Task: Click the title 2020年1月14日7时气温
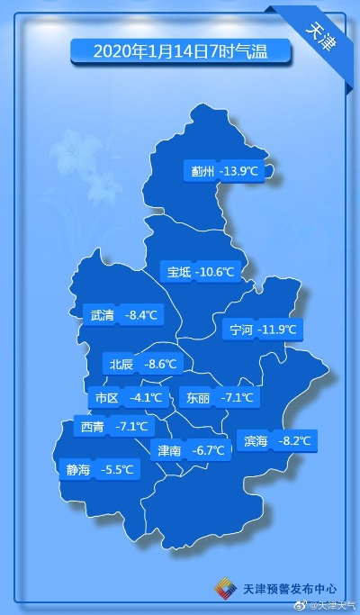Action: click(181, 50)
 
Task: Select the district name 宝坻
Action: click(178, 271)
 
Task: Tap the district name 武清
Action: click(103, 315)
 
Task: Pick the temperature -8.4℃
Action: click(140, 315)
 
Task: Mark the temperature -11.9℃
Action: click(277, 330)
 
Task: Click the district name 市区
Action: click(106, 397)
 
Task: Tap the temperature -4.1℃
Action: click(146, 397)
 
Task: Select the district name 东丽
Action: click(198, 397)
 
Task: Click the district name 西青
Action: click(93, 427)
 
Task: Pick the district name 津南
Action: click(169, 450)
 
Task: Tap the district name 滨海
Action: click(256, 441)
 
